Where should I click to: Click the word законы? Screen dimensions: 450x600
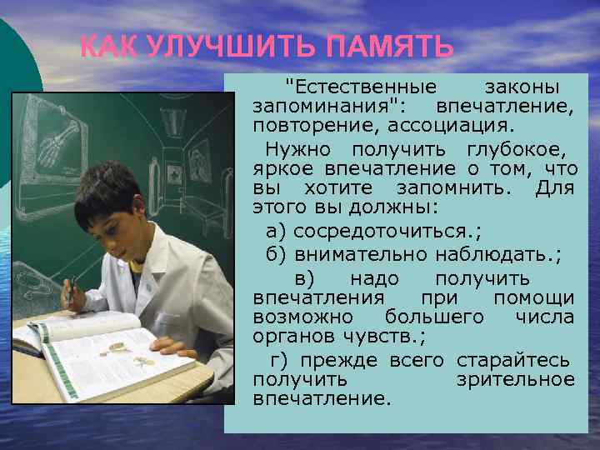522,87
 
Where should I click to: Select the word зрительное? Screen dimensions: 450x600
516,379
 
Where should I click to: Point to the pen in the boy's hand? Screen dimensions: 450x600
72,287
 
